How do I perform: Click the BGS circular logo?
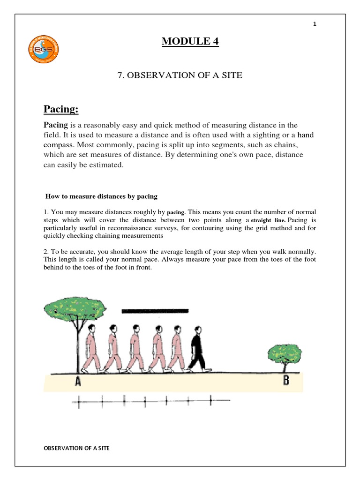[x=44, y=48]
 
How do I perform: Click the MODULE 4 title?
[x=190, y=42]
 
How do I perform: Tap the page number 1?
[x=315, y=24]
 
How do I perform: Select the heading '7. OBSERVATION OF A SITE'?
[x=180, y=75]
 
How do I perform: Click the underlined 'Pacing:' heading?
[x=61, y=109]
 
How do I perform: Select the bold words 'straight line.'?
[x=268, y=220]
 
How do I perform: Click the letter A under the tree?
[x=78, y=382]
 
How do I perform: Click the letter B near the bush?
[x=286, y=380]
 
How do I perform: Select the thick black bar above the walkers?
[x=155, y=311]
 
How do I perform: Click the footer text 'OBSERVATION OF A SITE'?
[x=77, y=448]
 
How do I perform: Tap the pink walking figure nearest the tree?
[x=90, y=348]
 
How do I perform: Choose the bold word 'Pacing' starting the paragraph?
[x=56, y=125]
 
